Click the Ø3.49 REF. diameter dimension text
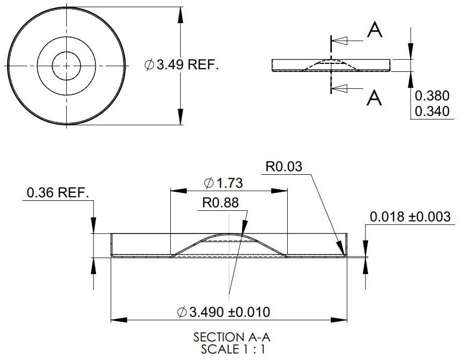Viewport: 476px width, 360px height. [x=182, y=65]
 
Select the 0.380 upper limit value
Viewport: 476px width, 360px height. [x=432, y=95]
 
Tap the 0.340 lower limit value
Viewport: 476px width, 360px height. [x=432, y=111]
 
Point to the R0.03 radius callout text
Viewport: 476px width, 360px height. [x=284, y=167]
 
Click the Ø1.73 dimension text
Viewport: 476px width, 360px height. [x=223, y=183]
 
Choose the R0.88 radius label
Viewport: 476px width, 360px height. [x=220, y=203]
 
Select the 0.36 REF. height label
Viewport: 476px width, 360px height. [x=58, y=192]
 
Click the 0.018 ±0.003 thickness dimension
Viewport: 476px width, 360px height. [x=410, y=217]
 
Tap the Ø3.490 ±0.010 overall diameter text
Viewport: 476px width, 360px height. [x=223, y=312]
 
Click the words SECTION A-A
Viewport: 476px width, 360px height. [x=231, y=337]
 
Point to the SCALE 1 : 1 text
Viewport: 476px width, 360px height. [x=233, y=349]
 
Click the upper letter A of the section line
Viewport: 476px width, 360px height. [x=375, y=30]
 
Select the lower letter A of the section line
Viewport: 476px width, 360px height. [x=374, y=98]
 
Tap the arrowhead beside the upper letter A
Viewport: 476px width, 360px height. [x=340, y=41]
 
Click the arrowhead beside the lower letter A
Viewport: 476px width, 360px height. [x=340, y=88]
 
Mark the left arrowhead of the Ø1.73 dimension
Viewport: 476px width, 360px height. [x=179, y=191]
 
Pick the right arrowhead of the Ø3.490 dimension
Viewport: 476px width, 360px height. [x=339, y=320]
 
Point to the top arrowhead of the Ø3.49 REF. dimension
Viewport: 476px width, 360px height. [x=181, y=15]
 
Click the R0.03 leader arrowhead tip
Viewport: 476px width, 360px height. [x=344, y=255]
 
